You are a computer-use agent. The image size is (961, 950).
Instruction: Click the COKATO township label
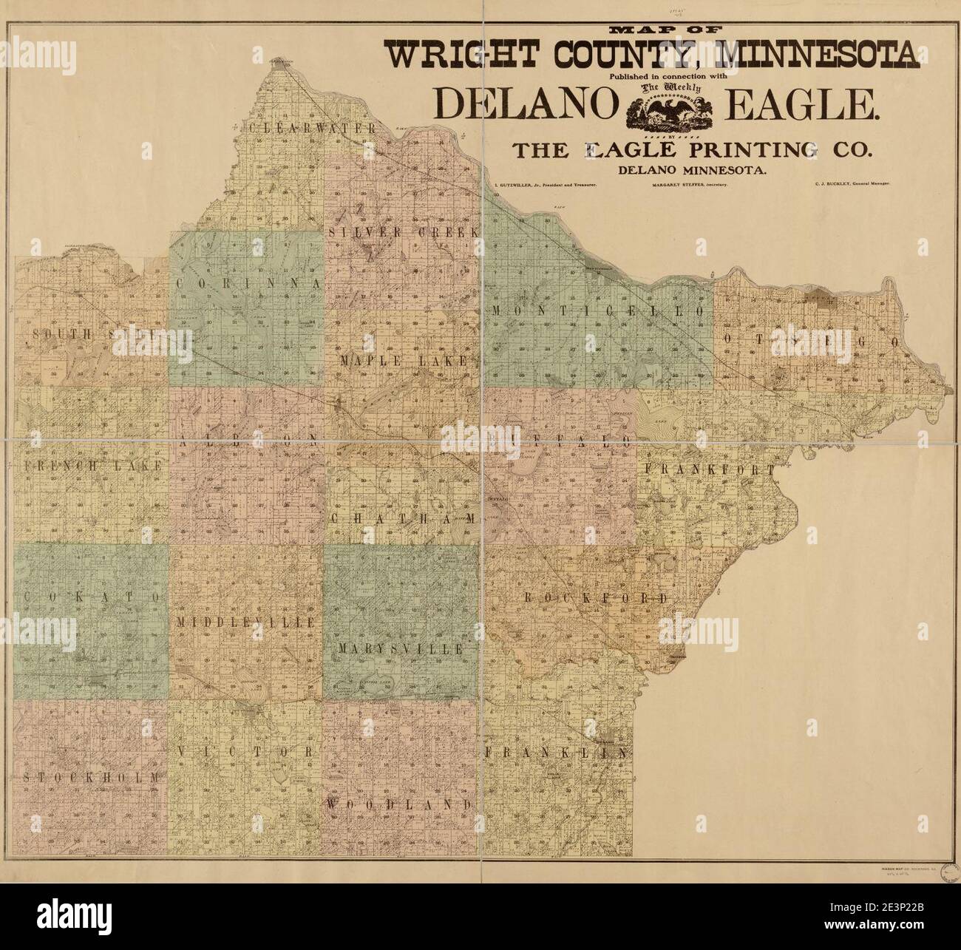[92, 596]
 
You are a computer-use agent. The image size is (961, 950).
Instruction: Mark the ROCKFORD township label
[596, 597]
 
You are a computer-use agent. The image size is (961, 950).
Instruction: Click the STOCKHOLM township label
[91, 777]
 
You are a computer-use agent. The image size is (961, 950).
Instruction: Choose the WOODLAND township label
[400, 804]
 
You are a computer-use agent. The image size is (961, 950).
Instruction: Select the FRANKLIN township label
[557, 753]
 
